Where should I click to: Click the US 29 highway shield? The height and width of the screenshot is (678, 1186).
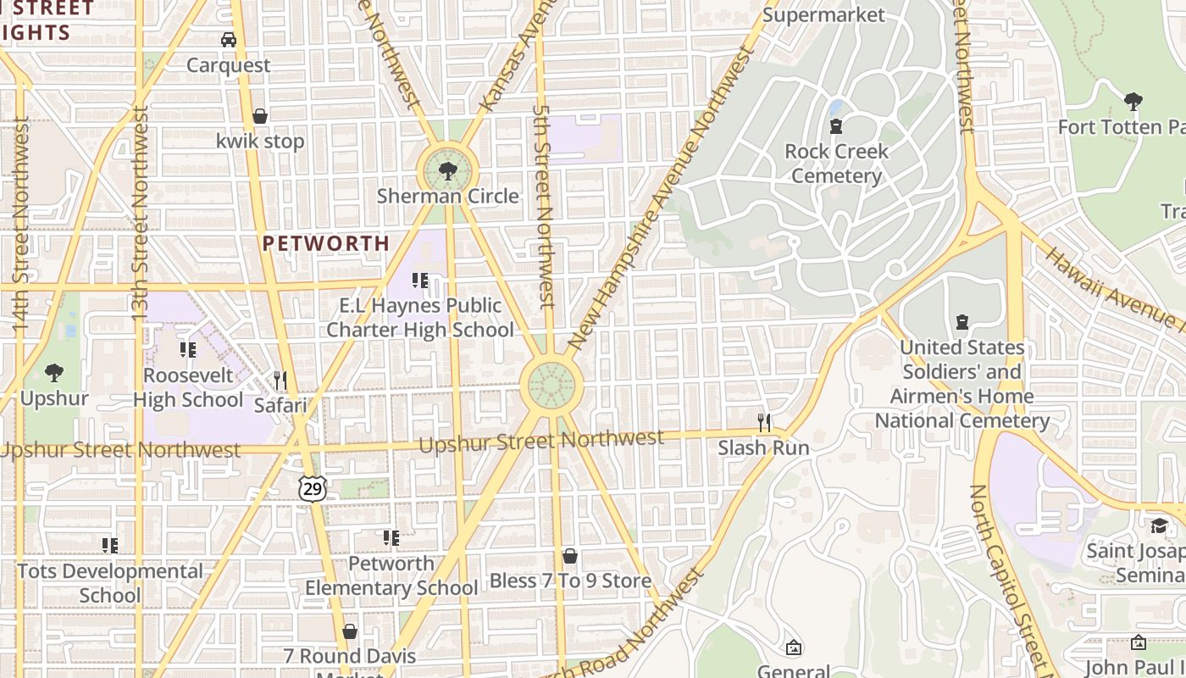(x=312, y=487)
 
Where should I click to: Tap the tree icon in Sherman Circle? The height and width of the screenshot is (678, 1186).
(x=447, y=173)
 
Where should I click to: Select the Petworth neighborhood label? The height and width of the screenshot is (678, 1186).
(x=326, y=244)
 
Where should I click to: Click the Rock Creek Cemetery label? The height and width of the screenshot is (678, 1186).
(x=836, y=164)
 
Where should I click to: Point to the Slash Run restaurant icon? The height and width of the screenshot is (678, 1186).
(x=764, y=422)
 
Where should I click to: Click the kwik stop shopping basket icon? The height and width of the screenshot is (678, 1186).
(x=260, y=116)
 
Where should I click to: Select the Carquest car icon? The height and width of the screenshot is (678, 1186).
(x=229, y=40)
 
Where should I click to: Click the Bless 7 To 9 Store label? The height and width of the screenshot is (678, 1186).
(x=570, y=581)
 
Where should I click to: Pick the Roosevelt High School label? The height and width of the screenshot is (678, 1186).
(x=188, y=387)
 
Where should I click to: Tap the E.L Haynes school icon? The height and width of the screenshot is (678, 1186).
(x=420, y=280)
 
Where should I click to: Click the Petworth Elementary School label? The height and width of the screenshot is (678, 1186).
(x=391, y=575)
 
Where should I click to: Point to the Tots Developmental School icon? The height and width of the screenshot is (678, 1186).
(x=110, y=546)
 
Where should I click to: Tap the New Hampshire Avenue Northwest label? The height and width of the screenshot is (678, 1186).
(x=661, y=200)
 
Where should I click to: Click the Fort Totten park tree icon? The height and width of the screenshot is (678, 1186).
(x=1133, y=103)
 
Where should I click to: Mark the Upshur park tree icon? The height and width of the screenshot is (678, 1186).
(x=54, y=372)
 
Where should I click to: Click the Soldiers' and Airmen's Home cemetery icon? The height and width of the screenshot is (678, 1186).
(x=962, y=322)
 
